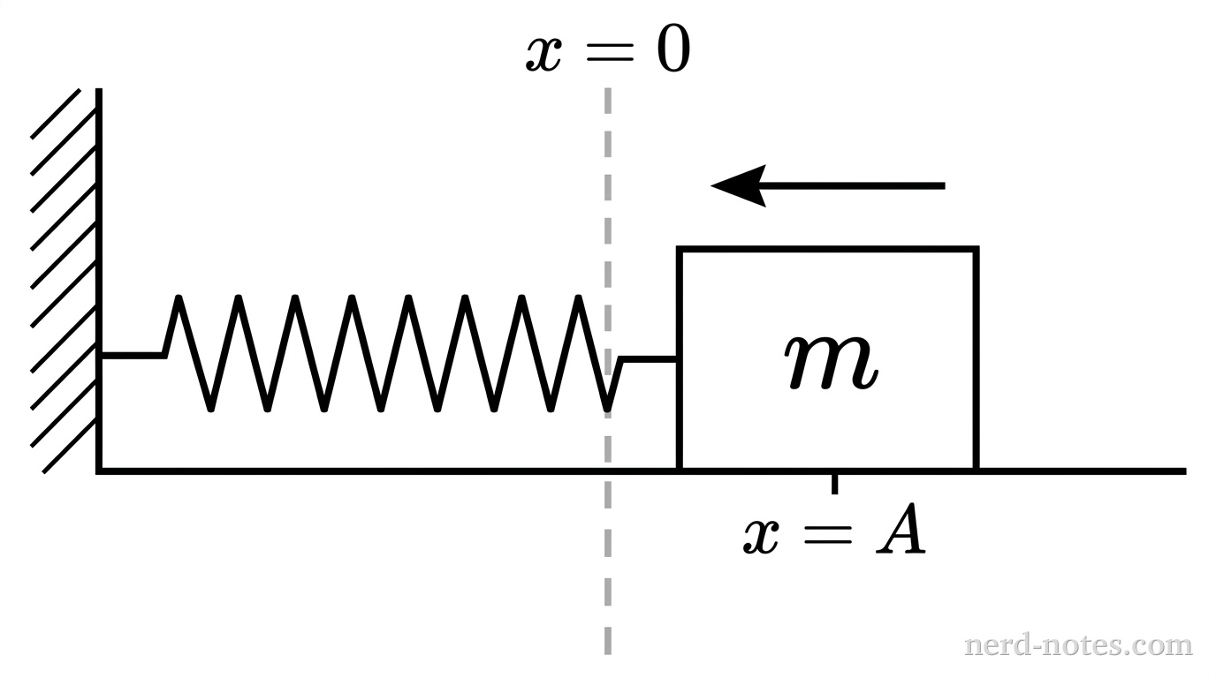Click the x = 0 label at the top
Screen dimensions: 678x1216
(608, 53)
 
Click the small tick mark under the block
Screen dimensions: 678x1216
(834, 484)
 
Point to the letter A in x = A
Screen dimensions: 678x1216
(901, 533)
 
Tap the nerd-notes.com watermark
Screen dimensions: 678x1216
(1077, 645)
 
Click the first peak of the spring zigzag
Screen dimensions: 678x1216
(179, 298)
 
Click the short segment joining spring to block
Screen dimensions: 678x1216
(650, 359)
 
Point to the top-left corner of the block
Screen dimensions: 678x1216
(680, 250)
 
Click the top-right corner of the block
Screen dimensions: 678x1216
(976, 250)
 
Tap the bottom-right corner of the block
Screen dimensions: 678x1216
(976, 470)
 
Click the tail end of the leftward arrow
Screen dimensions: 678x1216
(943, 185)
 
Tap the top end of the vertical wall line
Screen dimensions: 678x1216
(99, 91)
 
